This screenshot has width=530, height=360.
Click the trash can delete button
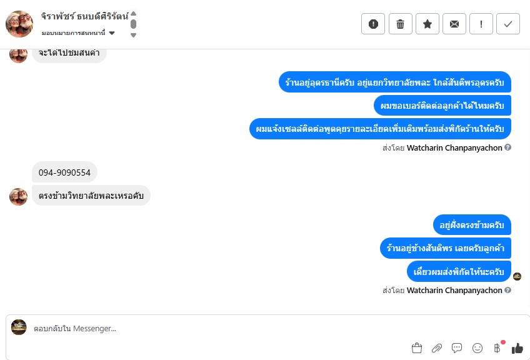400,24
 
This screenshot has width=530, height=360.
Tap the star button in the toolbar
427,24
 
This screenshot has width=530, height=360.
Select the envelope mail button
454,24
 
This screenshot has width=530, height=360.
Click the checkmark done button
508,24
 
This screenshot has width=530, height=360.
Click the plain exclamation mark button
481,24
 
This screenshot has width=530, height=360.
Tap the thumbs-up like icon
517,348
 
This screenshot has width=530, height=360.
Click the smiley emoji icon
477,348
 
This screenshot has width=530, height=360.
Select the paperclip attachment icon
437,348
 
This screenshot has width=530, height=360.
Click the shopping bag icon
417,348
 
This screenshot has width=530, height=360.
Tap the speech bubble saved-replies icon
457,348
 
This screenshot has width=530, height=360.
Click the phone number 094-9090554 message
64,172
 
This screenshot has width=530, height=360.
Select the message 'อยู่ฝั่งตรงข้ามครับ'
472,225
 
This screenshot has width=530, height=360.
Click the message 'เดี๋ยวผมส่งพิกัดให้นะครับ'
459,271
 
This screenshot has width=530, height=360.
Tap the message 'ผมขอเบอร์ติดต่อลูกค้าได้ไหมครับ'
442,106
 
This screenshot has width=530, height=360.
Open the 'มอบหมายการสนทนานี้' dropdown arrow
112,33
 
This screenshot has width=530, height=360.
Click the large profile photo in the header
19,24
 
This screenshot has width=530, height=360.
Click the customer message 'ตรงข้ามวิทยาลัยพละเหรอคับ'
91,196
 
